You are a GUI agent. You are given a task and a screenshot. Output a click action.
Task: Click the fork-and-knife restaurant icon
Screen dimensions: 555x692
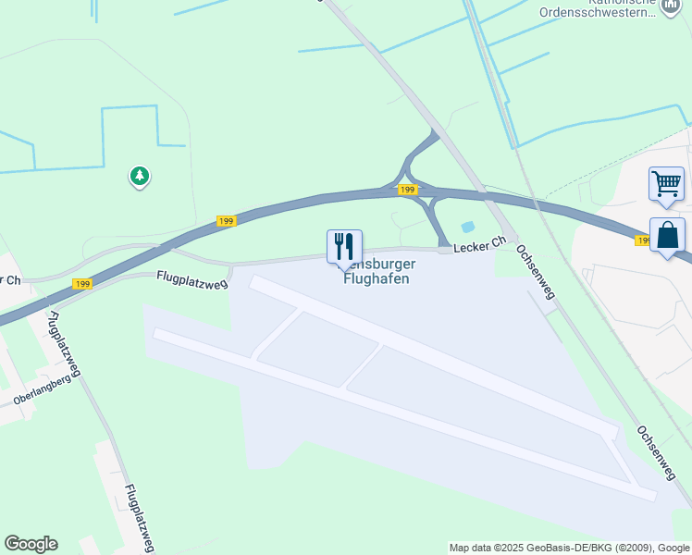pyautogui.click(x=344, y=246)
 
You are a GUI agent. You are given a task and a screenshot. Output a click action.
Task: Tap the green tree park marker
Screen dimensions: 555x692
pyautogui.click(x=139, y=175)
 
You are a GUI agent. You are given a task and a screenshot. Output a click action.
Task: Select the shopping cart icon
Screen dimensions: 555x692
pyautogui.click(x=666, y=183)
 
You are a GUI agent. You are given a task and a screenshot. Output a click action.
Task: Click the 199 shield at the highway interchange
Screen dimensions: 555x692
pyautogui.click(x=407, y=190)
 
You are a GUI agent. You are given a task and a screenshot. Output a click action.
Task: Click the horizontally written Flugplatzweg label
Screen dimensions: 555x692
pyautogui.click(x=192, y=277)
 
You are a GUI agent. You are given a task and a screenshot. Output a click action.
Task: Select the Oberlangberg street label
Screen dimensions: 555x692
pyautogui.click(x=42, y=393)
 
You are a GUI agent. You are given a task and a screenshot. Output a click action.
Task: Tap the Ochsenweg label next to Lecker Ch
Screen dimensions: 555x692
pyautogui.click(x=535, y=272)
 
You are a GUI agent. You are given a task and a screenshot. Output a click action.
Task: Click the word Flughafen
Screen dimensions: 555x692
pyautogui.click(x=376, y=279)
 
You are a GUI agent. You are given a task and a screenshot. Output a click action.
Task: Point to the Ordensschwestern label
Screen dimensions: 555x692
pyautogui.click(x=598, y=13)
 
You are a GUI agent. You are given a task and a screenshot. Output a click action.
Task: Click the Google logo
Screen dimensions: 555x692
pyautogui.click(x=31, y=544)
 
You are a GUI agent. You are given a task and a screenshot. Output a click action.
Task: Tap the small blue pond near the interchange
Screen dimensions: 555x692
pyautogui.click(x=467, y=227)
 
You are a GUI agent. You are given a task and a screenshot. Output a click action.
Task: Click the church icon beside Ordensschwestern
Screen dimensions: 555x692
pyautogui.click(x=670, y=8)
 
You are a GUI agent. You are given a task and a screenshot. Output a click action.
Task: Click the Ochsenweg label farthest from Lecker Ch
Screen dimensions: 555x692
pyautogui.click(x=656, y=453)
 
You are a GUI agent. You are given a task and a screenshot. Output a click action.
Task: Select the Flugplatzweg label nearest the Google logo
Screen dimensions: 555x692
pyautogui.click(x=137, y=517)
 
